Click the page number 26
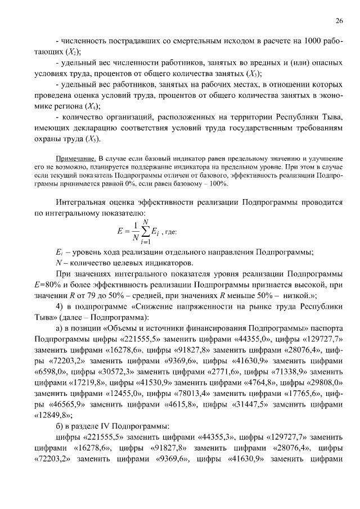point(339,21)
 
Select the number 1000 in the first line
point(313,41)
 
